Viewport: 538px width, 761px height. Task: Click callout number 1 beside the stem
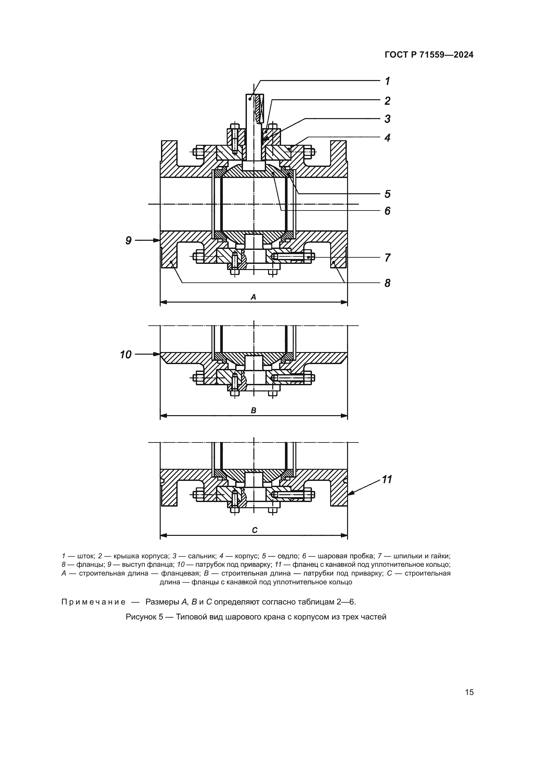(x=387, y=81)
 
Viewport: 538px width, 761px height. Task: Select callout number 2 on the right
(x=387, y=101)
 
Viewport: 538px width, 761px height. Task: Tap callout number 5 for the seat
(x=387, y=194)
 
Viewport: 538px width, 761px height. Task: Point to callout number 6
(x=387, y=211)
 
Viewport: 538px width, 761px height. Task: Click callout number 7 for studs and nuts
(x=387, y=258)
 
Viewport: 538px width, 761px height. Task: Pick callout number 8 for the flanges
(x=387, y=283)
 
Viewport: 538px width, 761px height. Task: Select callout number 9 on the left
(x=128, y=240)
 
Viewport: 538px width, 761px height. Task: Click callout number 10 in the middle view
(x=126, y=355)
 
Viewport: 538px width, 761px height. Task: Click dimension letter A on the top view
(x=253, y=297)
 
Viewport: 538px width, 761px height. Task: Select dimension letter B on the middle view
(x=253, y=411)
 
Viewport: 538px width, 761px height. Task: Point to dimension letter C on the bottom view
(x=254, y=530)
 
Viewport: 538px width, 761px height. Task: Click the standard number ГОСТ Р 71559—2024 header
(x=429, y=55)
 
